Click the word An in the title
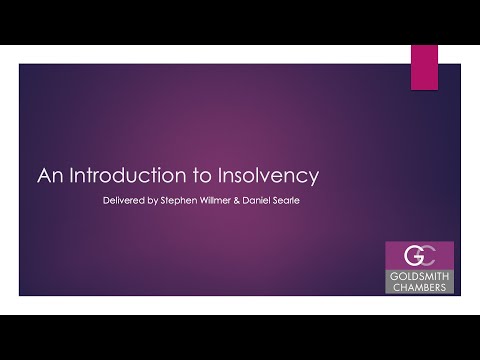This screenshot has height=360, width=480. pyautogui.click(x=50, y=177)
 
